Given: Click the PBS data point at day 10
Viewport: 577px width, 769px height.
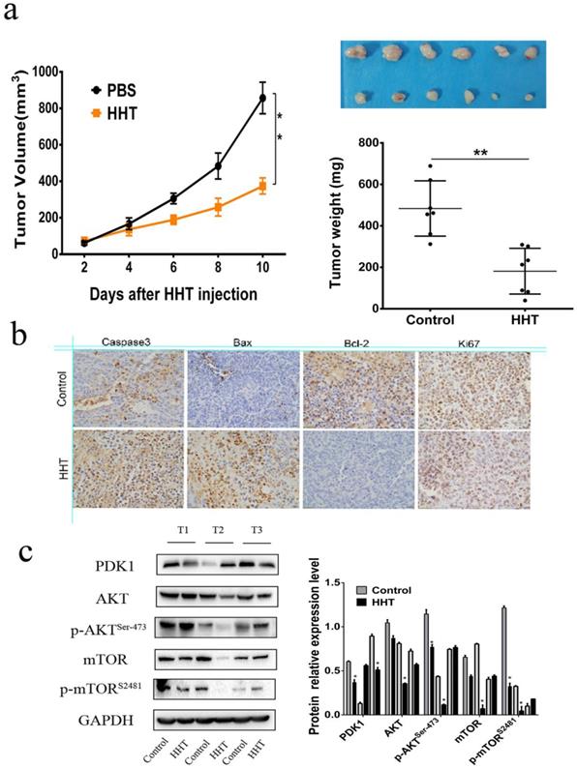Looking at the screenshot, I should pyautogui.click(x=260, y=98).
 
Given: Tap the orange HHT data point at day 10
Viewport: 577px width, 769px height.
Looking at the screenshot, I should pyautogui.click(x=260, y=187).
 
